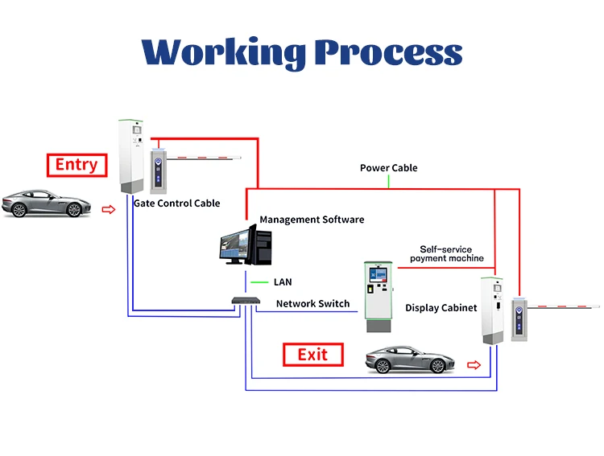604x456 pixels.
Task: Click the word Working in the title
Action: tap(224, 52)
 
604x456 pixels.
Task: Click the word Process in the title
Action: tap(388, 52)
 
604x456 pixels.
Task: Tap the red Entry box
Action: tap(77, 165)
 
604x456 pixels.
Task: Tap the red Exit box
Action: tap(312, 355)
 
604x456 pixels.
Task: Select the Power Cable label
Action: tap(388, 168)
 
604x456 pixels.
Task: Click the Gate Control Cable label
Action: tap(176, 203)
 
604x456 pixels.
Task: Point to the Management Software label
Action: tap(312, 220)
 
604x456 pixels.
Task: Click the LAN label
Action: tap(283, 282)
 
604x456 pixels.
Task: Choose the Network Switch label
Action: tap(312, 303)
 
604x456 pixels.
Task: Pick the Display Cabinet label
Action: tap(441, 308)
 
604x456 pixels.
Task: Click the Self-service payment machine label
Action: tap(446, 254)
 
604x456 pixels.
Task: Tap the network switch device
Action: tap(245, 301)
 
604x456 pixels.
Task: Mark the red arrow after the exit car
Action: tap(474, 365)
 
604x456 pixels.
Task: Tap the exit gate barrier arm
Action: tap(564, 306)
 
